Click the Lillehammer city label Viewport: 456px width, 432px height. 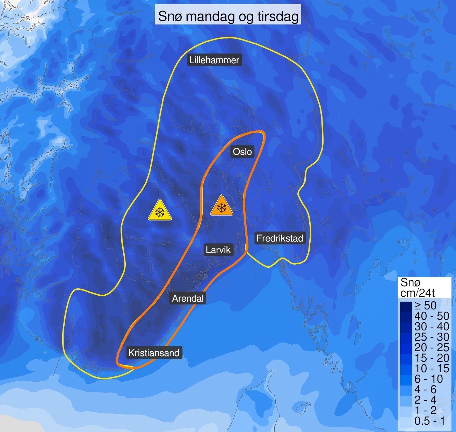click(x=214, y=60)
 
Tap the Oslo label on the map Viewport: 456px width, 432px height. click(x=242, y=152)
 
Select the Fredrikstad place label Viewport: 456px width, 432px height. click(x=280, y=238)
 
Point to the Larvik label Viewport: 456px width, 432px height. click(x=218, y=250)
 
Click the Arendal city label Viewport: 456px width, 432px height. click(x=188, y=298)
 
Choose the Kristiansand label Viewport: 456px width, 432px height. click(x=154, y=353)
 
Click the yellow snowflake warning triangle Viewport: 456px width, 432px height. click(x=160, y=211)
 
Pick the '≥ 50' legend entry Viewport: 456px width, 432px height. click(x=425, y=305)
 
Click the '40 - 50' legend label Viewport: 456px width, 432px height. click(x=431, y=316)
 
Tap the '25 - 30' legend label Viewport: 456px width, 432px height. click(x=431, y=337)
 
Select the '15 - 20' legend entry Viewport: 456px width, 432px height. click(x=431, y=358)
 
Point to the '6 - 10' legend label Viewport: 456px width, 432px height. click(x=429, y=379)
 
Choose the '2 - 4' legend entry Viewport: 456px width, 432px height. click(x=425, y=400)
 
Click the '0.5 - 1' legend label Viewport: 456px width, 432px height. click(x=429, y=421)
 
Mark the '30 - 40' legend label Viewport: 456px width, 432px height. click(x=431, y=326)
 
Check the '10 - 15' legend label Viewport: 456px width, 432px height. click(x=431, y=368)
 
